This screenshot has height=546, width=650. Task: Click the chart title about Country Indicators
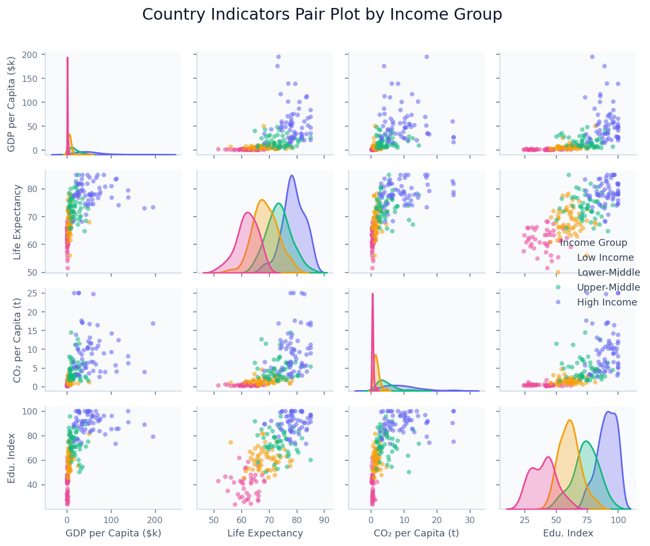pyautogui.click(x=322, y=15)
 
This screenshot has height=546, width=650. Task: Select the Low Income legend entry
pyautogui.click(x=605, y=258)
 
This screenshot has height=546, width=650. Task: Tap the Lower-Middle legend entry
pyautogui.click(x=608, y=273)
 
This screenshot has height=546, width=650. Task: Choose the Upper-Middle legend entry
pyautogui.click(x=608, y=288)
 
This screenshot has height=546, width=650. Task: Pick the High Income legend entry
pyautogui.click(x=607, y=303)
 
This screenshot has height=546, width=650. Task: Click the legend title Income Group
pyautogui.click(x=594, y=243)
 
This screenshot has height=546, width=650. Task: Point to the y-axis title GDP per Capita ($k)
pyautogui.click(x=12, y=103)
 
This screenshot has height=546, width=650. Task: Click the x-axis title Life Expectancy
pyautogui.click(x=265, y=533)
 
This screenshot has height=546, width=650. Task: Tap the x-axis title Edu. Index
pyautogui.click(x=568, y=533)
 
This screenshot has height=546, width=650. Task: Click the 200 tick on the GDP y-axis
pyautogui.click(x=29, y=55)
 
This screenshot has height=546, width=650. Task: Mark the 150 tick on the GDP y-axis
pyautogui.click(x=29, y=79)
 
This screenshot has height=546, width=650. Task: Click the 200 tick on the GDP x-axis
pyautogui.click(x=155, y=519)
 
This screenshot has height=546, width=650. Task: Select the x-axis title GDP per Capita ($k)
pyautogui.click(x=113, y=533)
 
